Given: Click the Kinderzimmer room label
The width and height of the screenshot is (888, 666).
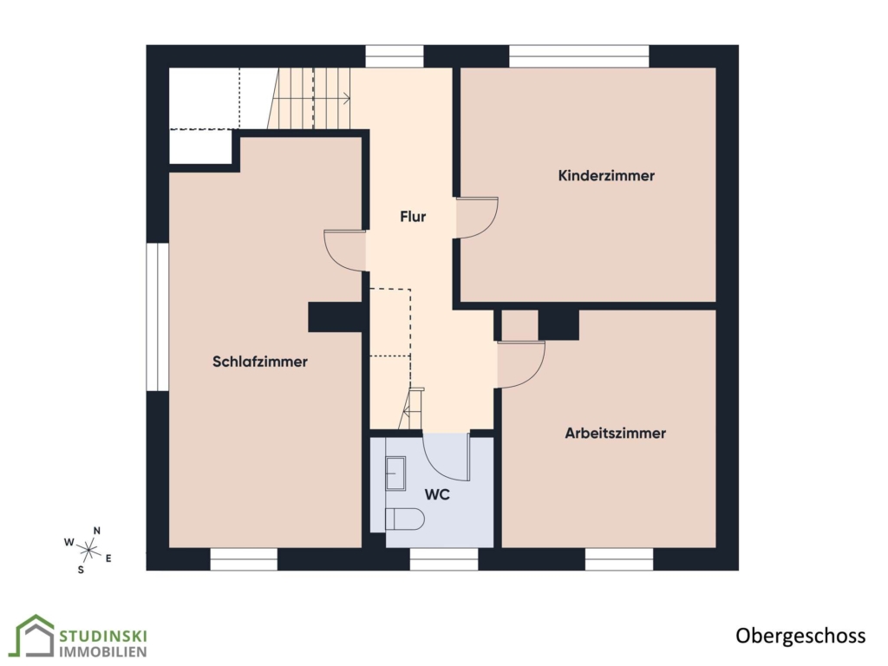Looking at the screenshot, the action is click(606, 175).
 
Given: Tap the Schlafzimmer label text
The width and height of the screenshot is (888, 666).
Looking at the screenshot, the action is click(260, 362).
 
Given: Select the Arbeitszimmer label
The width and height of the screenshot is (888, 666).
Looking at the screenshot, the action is click(615, 434).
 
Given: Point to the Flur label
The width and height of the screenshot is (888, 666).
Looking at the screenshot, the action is click(413, 216).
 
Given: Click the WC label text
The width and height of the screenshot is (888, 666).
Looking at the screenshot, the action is click(437, 495).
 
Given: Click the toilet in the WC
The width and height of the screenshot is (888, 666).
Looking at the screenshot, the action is click(404, 519).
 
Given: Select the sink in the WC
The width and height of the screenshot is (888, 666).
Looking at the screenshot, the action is click(395, 473).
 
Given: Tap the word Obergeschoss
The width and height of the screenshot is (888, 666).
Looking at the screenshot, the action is click(800, 636).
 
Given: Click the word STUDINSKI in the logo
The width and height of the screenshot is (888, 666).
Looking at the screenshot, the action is click(103, 636).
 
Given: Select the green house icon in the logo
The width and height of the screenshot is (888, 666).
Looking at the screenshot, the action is click(34, 636).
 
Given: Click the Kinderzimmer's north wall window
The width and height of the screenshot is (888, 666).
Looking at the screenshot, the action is click(578, 56).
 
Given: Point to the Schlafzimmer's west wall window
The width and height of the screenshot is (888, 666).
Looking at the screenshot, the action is click(158, 317).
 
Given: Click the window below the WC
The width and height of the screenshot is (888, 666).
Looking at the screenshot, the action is click(444, 559).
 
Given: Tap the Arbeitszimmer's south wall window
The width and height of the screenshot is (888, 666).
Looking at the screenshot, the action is click(619, 559).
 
